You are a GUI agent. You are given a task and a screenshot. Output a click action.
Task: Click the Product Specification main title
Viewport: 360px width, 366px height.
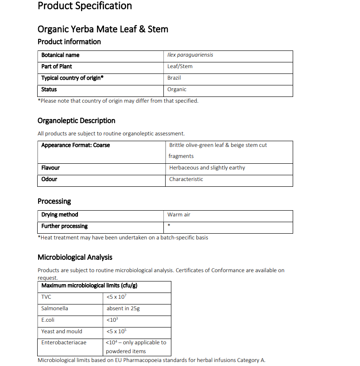pos(85,6)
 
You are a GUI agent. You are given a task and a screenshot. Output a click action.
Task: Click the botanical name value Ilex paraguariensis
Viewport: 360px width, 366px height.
pos(190,55)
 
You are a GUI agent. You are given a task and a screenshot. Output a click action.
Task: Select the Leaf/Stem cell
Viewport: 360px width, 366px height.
pos(180,66)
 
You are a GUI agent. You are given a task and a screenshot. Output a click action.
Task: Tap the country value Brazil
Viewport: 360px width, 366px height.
pos(174,78)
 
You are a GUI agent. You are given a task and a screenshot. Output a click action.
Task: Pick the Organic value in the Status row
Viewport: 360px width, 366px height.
pos(177,89)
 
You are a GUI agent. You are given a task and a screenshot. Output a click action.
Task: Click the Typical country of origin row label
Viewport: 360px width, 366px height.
pos(72,78)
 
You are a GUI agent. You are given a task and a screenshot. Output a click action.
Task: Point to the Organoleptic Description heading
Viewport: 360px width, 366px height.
pos(76,120)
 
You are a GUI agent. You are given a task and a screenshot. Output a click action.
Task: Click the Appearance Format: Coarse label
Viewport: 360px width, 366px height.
pos(75,145)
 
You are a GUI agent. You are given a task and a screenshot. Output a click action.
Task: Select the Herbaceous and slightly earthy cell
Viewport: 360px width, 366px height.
pos(207,168)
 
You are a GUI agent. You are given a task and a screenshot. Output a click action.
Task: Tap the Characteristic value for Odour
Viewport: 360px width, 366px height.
pos(186,179)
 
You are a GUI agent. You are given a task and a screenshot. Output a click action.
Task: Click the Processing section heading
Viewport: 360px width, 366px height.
pos(54,201)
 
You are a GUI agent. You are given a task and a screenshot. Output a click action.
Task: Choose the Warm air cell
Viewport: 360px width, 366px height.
pos(178,215)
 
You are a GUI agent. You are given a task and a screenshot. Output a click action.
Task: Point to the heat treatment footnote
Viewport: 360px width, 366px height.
pos(123,238)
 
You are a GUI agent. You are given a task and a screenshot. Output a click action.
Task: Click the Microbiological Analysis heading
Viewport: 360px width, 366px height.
pos(75,257)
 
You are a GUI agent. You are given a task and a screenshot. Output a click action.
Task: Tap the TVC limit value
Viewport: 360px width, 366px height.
pos(116,297)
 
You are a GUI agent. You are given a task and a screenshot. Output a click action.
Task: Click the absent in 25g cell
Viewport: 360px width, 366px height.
pos(123,308)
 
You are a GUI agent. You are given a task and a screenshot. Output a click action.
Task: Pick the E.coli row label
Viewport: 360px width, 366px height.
pos(48,320)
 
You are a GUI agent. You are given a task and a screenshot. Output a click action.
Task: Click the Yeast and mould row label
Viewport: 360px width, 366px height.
pos(62,331)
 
